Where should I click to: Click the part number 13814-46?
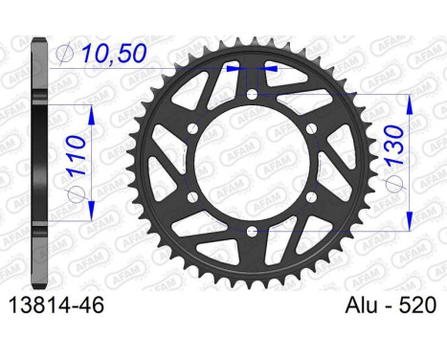pos(56,305)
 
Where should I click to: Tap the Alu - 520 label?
pos(391,305)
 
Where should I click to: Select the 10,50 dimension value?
pos(114,53)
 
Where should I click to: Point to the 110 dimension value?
pos(77,155)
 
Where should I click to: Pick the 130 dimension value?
pos(394,146)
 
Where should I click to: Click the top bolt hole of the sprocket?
pos(253,94)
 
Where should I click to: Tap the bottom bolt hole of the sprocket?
pos(252,231)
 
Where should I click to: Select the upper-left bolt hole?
pos(193,128)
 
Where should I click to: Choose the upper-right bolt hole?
pos(312,128)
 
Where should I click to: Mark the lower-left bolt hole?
pos(192,196)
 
